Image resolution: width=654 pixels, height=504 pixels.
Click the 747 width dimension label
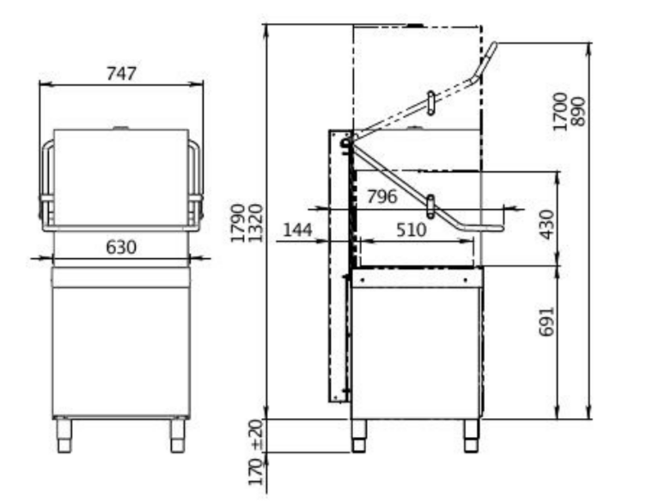(121, 73)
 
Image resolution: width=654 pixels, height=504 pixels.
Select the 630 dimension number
(121, 247)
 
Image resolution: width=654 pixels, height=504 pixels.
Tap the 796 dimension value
(382, 196)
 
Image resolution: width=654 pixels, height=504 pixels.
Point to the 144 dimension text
(297, 230)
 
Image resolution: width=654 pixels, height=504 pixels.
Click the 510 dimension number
(412, 230)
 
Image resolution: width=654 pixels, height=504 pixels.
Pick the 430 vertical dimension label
(547, 224)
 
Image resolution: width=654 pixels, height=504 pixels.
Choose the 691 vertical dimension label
(547, 321)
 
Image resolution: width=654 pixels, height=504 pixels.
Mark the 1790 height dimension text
(238, 223)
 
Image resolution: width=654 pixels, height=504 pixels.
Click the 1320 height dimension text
(255, 223)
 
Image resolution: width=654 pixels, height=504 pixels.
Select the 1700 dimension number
(559, 112)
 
